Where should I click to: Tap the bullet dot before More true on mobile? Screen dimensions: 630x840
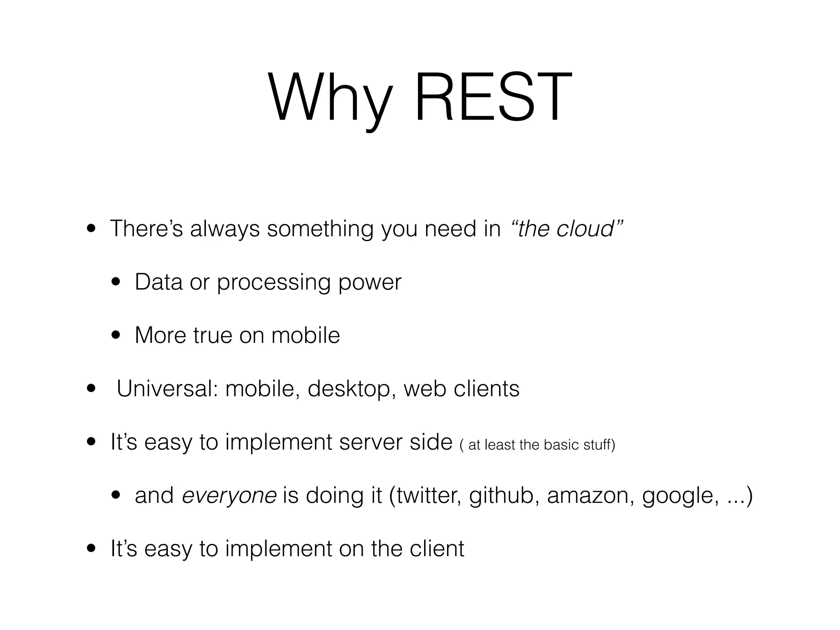click(x=116, y=336)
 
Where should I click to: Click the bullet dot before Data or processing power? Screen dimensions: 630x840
click(x=116, y=282)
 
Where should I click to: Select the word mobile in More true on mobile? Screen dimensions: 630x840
click(x=306, y=336)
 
